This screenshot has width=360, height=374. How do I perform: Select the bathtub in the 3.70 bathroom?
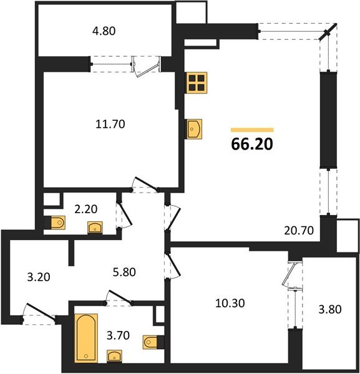point(86,338)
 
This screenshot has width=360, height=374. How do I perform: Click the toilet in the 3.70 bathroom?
point(150,342)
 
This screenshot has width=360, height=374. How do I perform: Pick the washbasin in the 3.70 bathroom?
point(114,356)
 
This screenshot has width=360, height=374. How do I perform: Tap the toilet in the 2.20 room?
point(56,222)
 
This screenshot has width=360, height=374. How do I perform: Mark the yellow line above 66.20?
point(251,130)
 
